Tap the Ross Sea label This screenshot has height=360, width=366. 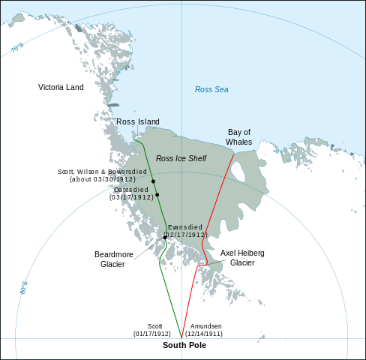pyautogui.click(x=211, y=90)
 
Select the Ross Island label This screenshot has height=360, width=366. pyautogui.click(x=137, y=121)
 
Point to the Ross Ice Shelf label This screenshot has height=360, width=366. pyautogui.click(x=181, y=158)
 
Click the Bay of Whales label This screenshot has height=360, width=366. pyautogui.click(x=238, y=136)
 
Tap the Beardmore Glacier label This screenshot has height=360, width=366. pyautogui.click(x=114, y=259)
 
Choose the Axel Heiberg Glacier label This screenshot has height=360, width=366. pyautogui.click(x=242, y=258)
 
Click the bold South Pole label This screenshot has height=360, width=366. pyautogui.click(x=184, y=346)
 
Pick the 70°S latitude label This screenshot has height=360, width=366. pyautogui.click(x=17, y=48)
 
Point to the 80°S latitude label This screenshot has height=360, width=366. pyautogui.click(x=24, y=287)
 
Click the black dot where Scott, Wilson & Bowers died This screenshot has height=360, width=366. pyautogui.click(x=153, y=181)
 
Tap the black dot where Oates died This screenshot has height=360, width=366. pyautogui.click(x=157, y=195)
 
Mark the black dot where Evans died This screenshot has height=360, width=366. pyautogui.click(x=165, y=238)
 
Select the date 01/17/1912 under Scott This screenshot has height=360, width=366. pyautogui.click(x=152, y=334)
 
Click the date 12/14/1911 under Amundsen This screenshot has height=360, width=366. pyautogui.click(x=206, y=334)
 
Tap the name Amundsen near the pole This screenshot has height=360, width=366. pyautogui.click(x=206, y=326)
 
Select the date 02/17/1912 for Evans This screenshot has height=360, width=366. pyautogui.click(x=185, y=235)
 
